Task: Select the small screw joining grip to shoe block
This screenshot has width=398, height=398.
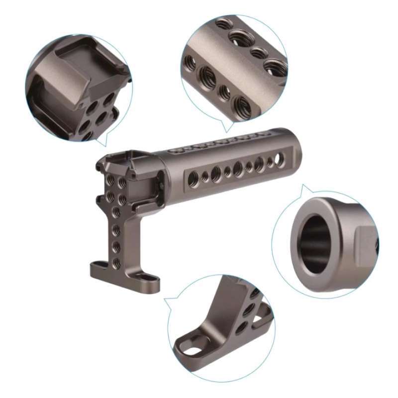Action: [x=162, y=187]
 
